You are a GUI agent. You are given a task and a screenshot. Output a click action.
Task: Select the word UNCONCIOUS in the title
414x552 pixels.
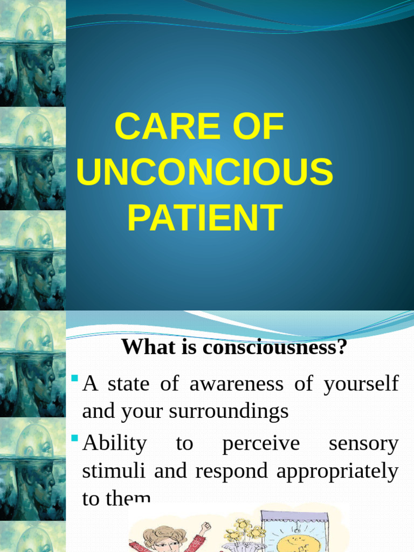coord(205,172)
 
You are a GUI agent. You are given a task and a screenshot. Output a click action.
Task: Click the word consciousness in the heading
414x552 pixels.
coord(274,347)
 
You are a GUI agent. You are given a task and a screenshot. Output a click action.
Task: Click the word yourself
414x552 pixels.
coord(362,384)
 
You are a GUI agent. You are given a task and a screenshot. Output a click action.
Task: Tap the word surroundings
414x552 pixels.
coord(229,411)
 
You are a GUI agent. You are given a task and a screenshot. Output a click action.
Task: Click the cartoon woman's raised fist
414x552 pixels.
coord(205,526)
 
